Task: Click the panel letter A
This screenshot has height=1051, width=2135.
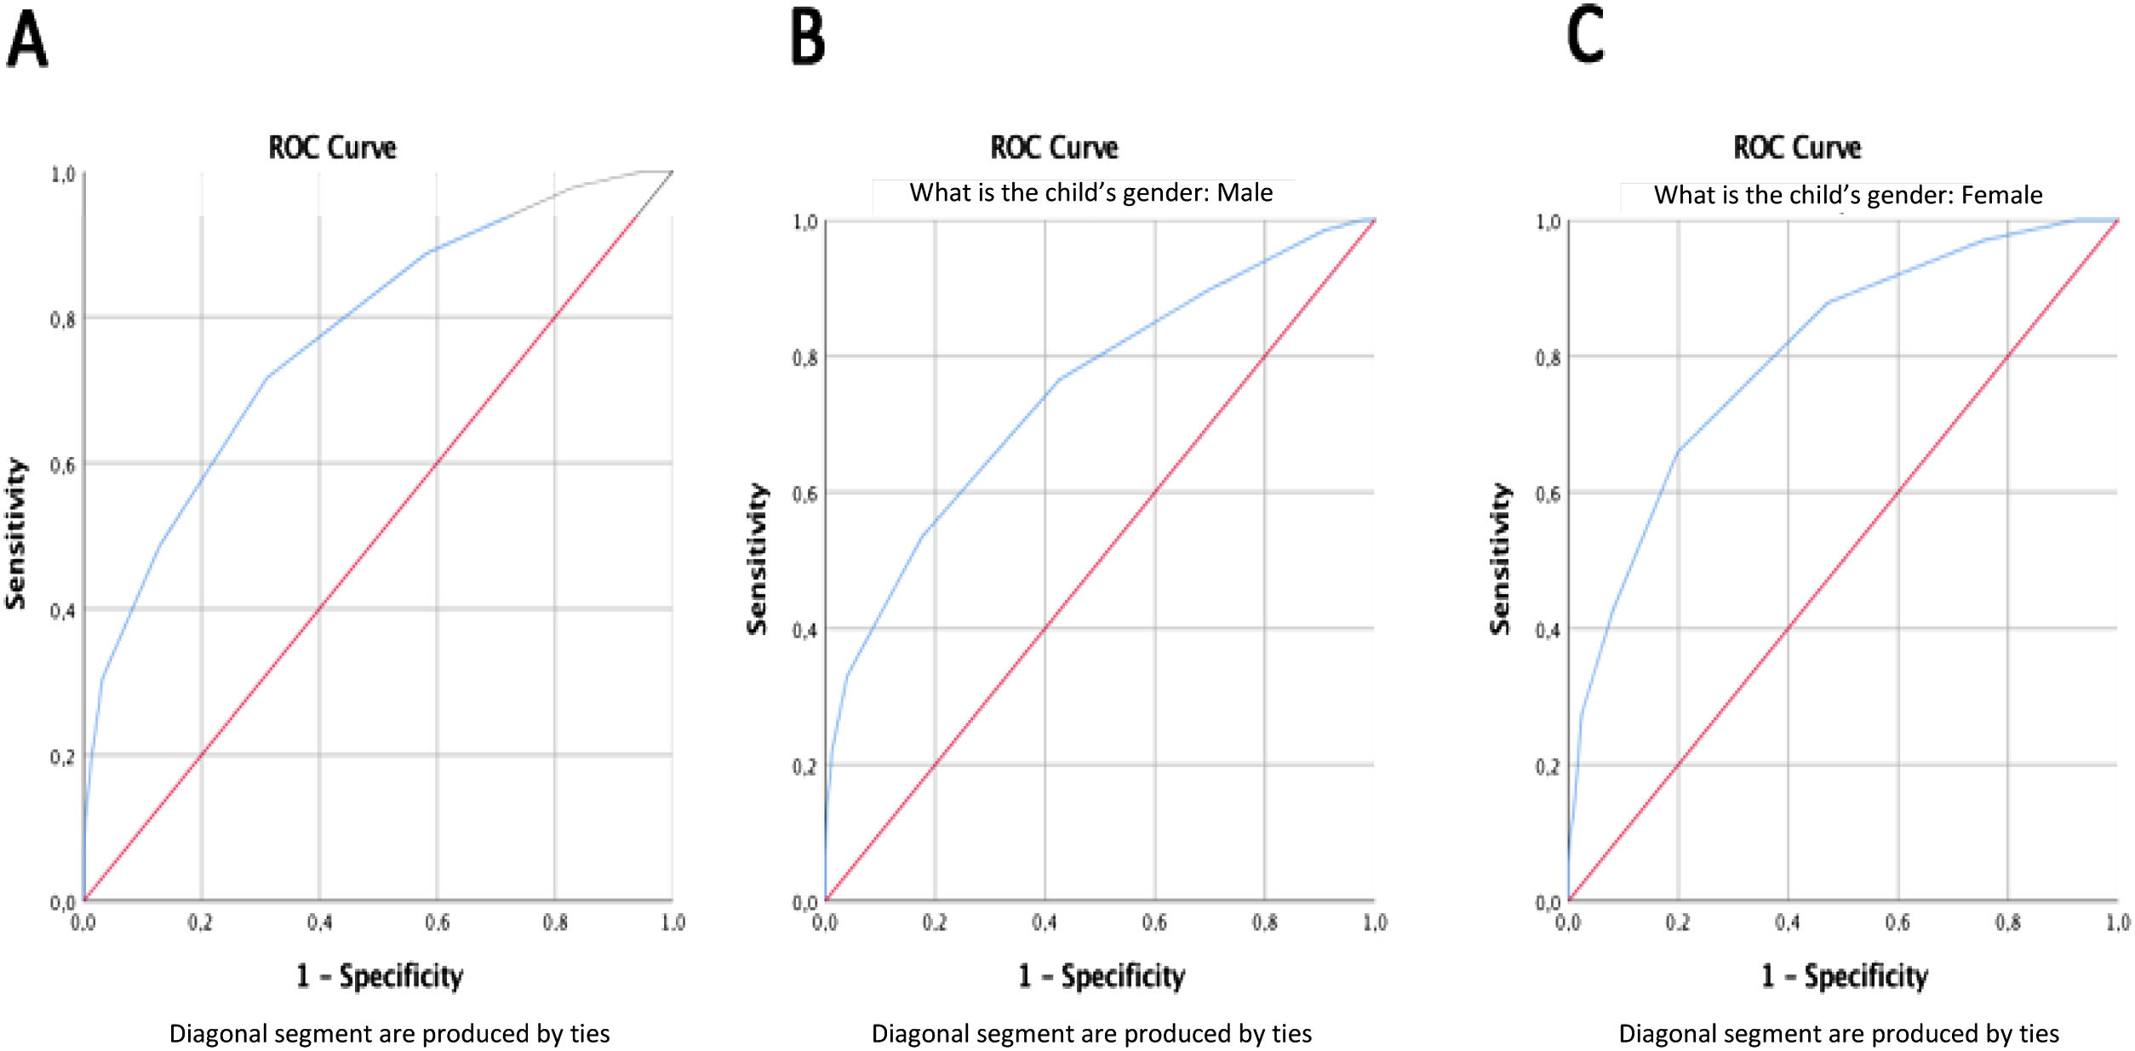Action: tap(27, 40)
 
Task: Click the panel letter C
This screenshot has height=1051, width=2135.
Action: tap(1585, 37)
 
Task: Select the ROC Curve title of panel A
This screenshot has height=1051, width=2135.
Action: tap(332, 148)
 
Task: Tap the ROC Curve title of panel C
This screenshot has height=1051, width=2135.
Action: tap(1796, 148)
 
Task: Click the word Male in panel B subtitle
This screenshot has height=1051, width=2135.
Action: tap(1245, 193)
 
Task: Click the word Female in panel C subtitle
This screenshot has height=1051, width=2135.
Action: tap(2001, 196)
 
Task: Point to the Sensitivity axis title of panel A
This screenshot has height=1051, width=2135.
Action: tap(16, 534)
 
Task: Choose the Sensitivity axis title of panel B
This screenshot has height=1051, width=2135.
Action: tap(757, 559)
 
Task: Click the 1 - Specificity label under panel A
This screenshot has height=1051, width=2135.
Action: tap(380, 975)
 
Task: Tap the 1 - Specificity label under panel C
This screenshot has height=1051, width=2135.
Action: tap(1845, 975)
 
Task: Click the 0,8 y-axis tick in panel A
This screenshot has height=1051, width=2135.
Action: tap(62, 320)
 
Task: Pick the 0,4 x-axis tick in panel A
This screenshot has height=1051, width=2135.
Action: tap(319, 922)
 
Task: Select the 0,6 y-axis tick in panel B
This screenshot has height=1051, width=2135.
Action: tap(804, 494)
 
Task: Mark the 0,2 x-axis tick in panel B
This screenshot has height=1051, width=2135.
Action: tap(934, 922)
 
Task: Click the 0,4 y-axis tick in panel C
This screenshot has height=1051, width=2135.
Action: tap(1548, 631)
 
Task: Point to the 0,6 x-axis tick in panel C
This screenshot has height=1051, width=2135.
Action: tap(1897, 922)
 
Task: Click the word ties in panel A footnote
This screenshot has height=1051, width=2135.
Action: tap(590, 1033)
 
